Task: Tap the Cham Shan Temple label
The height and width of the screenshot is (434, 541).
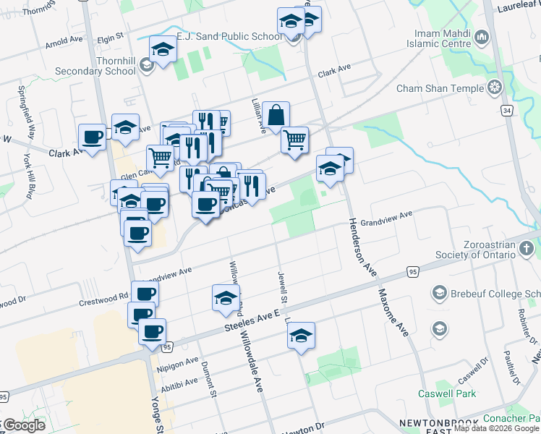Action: tap(440, 88)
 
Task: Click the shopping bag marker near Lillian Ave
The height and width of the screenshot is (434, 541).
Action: tap(276, 115)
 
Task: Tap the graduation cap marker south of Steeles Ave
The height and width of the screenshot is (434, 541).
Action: tap(301, 336)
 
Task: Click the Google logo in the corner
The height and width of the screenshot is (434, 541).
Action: tap(23, 425)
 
